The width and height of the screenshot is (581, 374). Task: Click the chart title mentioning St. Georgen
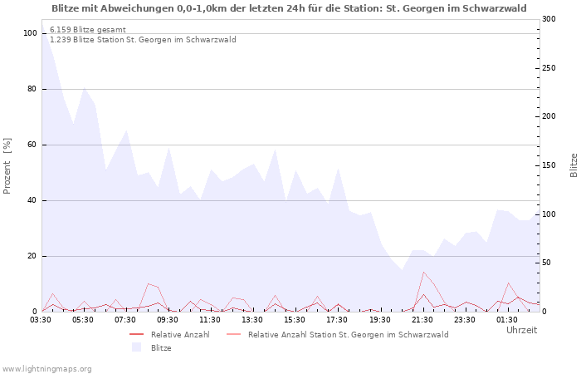(x=289, y=8)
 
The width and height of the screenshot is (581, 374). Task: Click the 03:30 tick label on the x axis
(x=41, y=319)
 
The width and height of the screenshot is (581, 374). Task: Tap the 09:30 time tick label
(x=168, y=319)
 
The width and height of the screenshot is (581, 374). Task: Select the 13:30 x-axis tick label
(x=253, y=319)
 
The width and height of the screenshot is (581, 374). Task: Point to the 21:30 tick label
(x=422, y=319)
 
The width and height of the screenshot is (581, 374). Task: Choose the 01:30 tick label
(x=507, y=319)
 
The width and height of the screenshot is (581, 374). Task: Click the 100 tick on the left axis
(x=31, y=33)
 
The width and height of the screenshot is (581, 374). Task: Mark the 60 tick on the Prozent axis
(x=32, y=145)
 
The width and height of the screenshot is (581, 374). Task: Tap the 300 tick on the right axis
(x=549, y=19)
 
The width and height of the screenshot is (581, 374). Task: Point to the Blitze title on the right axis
(x=574, y=165)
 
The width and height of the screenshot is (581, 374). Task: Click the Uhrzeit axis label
(x=522, y=330)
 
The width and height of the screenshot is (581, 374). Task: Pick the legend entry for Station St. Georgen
(x=348, y=334)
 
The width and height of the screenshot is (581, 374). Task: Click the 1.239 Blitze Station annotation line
(x=143, y=39)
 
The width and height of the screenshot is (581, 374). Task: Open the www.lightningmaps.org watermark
(x=46, y=368)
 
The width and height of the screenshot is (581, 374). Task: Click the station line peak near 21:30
(x=423, y=272)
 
